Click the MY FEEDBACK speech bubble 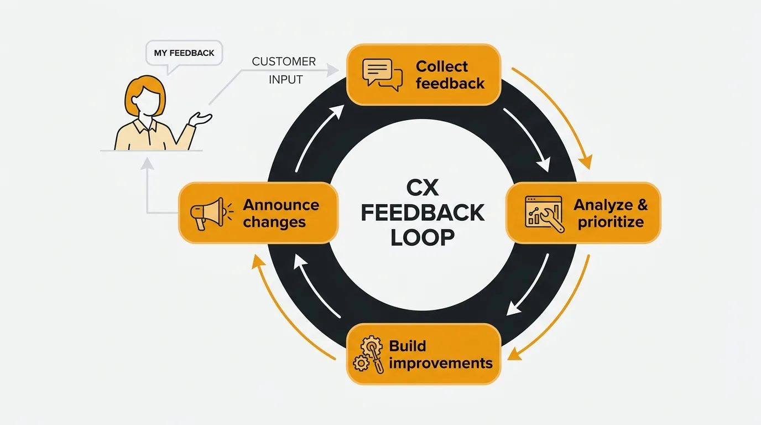click(184, 54)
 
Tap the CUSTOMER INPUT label click(284, 70)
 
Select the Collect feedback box click(423, 75)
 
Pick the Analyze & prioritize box click(583, 213)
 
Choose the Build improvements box click(423, 354)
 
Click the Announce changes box click(258, 213)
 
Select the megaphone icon click(207, 213)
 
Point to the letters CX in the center click(423, 189)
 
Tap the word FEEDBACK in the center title click(423, 213)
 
